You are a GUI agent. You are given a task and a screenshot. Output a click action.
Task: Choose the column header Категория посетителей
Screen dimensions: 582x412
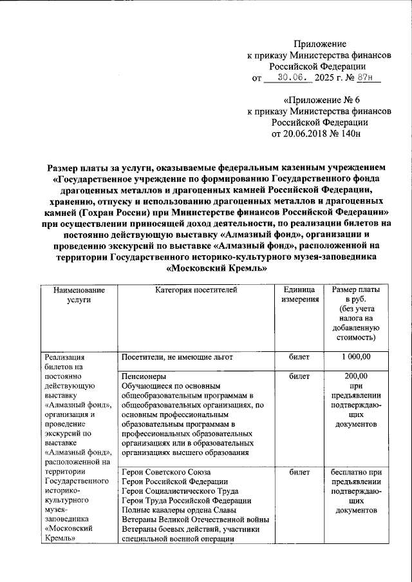(x=196, y=291)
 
